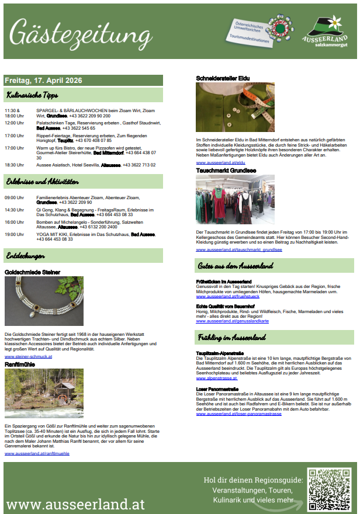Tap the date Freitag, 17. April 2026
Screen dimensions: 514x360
click(x=43, y=80)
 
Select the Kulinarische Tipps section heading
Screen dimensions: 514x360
click(x=32, y=94)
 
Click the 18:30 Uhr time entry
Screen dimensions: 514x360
click(x=15, y=165)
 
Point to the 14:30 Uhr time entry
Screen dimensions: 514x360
click(x=15, y=210)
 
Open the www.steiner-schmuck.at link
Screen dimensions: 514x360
click(x=28, y=356)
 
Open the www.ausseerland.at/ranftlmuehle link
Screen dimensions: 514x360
click(x=37, y=453)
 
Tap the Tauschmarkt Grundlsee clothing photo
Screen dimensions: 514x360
click(x=234, y=200)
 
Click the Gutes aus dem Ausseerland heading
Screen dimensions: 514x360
click(x=236, y=266)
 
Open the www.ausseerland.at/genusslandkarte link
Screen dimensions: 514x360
click(x=232, y=321)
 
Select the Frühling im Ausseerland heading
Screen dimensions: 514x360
click(x=232, y=338)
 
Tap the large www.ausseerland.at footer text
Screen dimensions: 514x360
click(x=75, y=503)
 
